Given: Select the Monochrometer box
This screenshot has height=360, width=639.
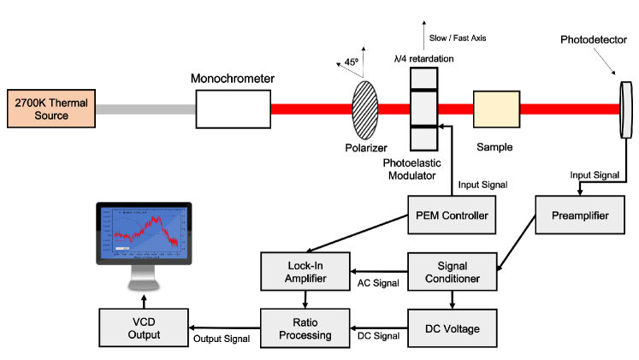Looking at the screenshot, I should [233, 109].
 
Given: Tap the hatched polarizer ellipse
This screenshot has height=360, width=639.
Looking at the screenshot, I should [365, 109].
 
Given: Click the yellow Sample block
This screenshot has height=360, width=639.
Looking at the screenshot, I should [495, 109].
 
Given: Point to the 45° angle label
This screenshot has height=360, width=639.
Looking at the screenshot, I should [352, 62].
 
